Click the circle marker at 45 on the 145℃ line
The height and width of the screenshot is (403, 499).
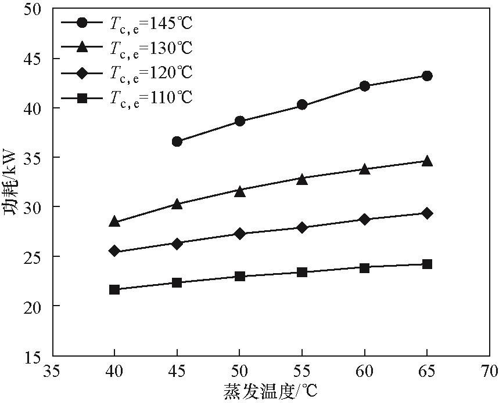tap(177, 141)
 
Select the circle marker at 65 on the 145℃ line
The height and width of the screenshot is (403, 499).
tap(427, 76)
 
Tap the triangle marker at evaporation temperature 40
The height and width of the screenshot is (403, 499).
tap(114, 221)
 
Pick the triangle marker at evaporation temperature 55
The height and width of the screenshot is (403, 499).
tap(302, 179)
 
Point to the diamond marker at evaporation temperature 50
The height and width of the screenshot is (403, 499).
tap(239, 234)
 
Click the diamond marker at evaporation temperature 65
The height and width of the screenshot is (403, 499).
tap(427, 213)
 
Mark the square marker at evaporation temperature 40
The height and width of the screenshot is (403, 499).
tap(114, 289)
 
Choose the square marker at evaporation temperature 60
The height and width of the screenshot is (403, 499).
tap(365, 267)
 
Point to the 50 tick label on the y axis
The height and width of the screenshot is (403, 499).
tap(35, 9)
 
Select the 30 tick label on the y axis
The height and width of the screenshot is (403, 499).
tap(35, 207)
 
